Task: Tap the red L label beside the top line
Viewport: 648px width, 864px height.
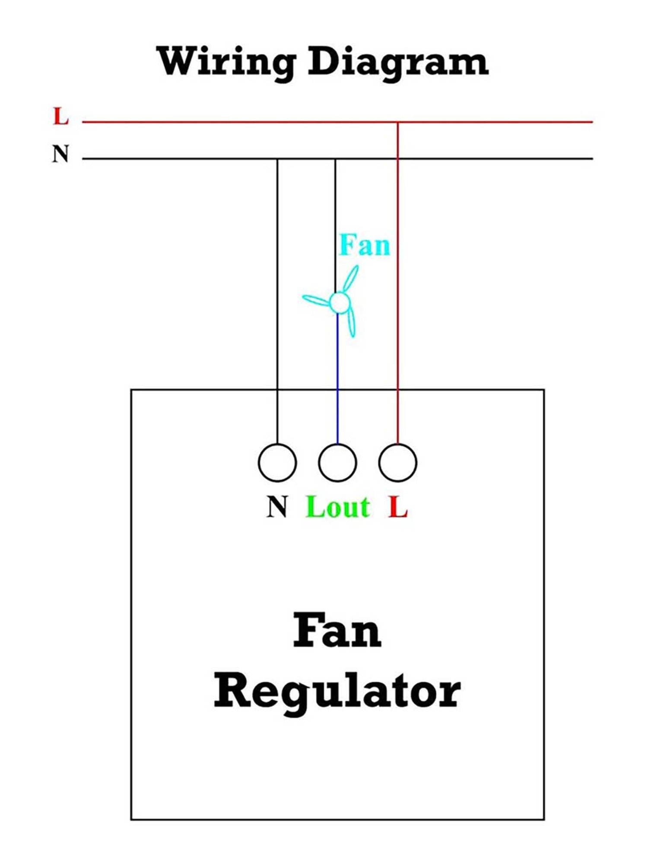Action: (60, 117)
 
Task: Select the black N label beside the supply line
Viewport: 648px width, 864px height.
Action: (60, 154)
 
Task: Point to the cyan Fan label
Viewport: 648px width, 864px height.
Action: (365, 245)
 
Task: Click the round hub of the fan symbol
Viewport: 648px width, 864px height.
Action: (340, 302)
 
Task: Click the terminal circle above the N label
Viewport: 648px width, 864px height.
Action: (277, 462)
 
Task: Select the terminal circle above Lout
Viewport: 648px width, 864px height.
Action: (337, 462)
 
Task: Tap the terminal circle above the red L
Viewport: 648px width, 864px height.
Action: (398, 462)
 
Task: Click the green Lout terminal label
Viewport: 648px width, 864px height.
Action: (337, 507)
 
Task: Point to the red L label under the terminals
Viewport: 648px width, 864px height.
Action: (398, 507)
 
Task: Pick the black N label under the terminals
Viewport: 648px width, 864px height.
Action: (277, 507)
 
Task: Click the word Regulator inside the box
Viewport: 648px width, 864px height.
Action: (337, 692)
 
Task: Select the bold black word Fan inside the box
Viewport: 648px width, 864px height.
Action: (337, 632)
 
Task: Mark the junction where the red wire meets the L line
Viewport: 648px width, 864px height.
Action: (398, 122)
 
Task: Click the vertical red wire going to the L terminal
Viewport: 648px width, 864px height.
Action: (398, 281)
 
